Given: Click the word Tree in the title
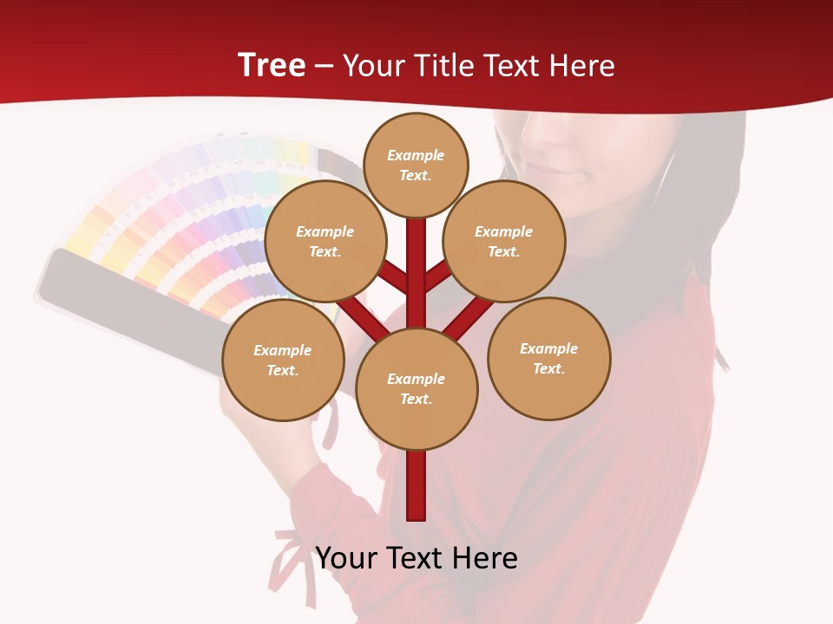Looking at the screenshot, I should [272, 66].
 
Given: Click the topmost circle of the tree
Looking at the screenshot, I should [416, 165].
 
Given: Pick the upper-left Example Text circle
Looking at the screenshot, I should [325, 242].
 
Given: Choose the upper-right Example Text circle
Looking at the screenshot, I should [504, 242].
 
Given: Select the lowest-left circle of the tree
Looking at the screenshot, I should [283, 361].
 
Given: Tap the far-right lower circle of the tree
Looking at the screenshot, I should [549, 359].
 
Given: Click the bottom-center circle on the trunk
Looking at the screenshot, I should [416, 389].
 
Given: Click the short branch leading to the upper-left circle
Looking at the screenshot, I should [393, 277].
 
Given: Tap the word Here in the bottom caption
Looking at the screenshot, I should [486, 558].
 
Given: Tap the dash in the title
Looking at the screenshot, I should [325, 66].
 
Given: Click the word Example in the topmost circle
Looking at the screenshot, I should [416, 155].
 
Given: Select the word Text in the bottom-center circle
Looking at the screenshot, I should [416, 400].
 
